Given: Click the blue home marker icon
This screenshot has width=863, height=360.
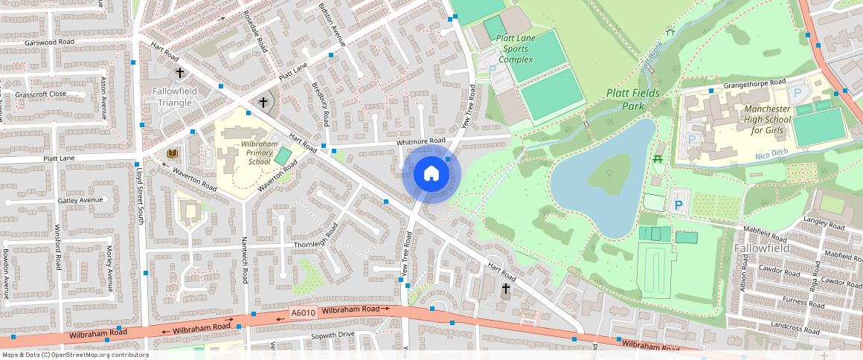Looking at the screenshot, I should tap(431, 174).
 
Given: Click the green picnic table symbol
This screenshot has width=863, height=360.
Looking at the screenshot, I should tap(657, 159).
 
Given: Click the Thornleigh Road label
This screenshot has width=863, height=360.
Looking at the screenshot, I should tap(321, 243).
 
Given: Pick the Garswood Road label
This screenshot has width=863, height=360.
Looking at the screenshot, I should tap(49, 42).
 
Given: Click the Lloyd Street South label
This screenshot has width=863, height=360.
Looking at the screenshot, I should tap(139, 194).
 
